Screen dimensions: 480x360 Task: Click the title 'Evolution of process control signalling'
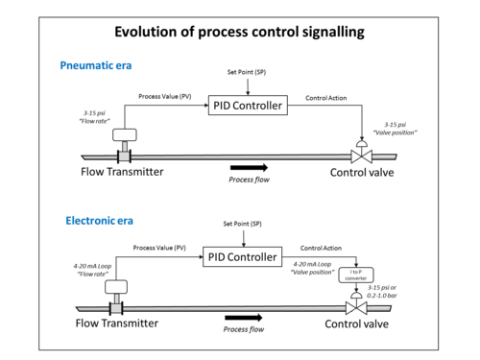tap(239, 33)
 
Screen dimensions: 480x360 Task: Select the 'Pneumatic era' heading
tap(96, 65)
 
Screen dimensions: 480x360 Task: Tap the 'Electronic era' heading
tap(99, 221)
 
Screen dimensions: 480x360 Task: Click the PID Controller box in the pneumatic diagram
tap(248, 106)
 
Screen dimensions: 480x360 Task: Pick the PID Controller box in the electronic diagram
tap(242, 256)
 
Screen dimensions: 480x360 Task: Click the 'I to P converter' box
tap(356, 275)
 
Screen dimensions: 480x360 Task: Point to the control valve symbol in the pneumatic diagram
tap(362, 152)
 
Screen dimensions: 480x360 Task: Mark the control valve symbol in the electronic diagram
tap(356, 303)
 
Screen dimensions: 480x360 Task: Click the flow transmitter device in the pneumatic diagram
tap(125, 146)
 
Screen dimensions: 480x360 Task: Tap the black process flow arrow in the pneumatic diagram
tap(249, 167)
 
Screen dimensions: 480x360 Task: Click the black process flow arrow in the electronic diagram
tap(244, 318)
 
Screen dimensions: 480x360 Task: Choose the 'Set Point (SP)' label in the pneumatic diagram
tap(247, 72)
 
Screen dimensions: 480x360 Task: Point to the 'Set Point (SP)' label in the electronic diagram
tap(242, 224)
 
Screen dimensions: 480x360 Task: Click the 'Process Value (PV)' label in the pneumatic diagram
tap(165, 96)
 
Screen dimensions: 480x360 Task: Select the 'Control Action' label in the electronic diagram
tap(321, 248)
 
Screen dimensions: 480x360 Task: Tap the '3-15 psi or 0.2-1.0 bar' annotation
tap(382, 292)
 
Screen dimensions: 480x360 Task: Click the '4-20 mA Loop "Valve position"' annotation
tap(312, 268)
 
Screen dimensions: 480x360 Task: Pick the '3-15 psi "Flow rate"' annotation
tap(94, 117)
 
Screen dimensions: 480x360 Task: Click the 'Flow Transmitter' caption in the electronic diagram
tap(117, 324)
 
